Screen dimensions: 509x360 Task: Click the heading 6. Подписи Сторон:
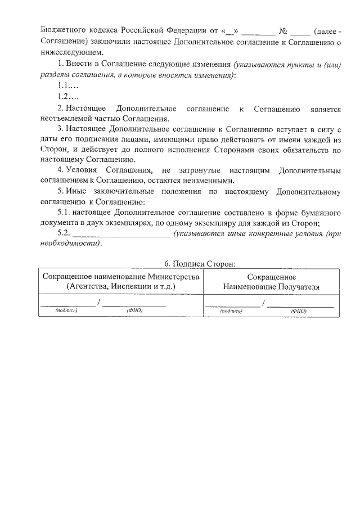(x=199, y=264)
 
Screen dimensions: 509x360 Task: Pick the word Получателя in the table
(x=296, y=286)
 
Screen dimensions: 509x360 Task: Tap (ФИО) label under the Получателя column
(x=298, y=310)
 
